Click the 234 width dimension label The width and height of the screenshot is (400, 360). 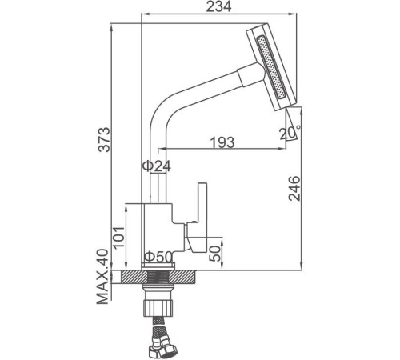point(219,7)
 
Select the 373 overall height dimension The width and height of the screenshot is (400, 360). point(104,140)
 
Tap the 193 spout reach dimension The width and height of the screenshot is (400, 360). point(222,142)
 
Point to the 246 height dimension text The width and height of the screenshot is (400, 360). point(294,188)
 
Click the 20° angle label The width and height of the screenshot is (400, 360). point(290,134)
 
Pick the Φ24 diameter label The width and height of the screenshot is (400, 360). point(157,166)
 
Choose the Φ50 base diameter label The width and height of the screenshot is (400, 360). point(158,257)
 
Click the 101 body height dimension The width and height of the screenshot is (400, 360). point(118,238)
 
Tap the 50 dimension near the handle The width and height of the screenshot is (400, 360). point(214,254)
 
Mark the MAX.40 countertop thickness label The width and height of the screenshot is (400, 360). point(102,277)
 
